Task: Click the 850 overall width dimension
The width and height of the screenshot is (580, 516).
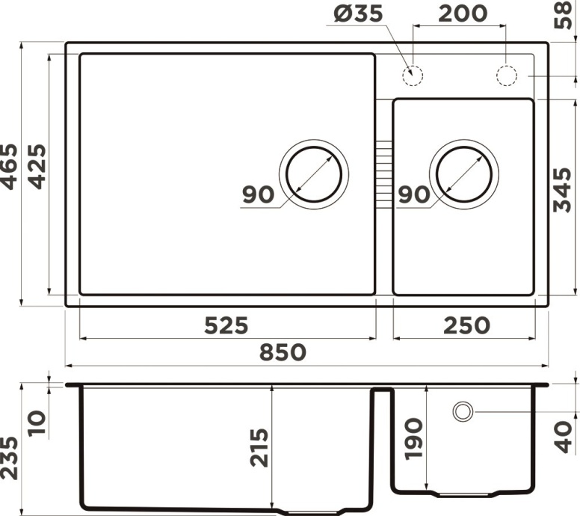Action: [x=283, y=352]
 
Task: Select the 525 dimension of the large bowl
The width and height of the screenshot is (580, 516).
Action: [x=225, y=325]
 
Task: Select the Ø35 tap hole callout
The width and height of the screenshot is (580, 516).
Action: [x=352, y=13]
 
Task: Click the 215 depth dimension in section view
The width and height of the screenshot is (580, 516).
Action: [x=259, y=447]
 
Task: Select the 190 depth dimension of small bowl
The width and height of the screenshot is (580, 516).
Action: [x=413, y=438]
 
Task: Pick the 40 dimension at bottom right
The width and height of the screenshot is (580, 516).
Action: [x=566, y=435]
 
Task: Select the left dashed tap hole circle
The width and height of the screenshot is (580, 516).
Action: [x=413, y=76]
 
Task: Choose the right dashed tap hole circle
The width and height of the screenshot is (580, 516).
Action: [x=507, y=76]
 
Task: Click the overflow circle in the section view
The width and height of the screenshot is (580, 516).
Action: [x=463, y=411]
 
